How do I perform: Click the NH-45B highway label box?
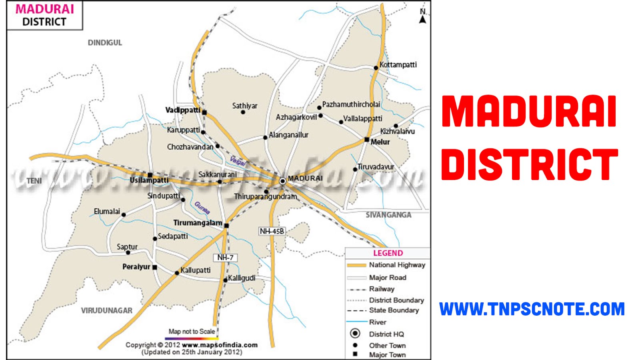tap(272, 231)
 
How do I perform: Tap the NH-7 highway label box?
tap(225, 258)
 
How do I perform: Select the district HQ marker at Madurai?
tap(282, 181)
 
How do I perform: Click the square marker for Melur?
tap(367, 140)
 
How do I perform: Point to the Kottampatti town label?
tap(398, 65)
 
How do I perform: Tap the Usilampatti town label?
tap(149, 181)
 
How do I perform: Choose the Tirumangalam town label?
tap(197, 223)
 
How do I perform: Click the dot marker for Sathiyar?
tap(243, 112)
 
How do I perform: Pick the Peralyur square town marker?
tap(155, 267)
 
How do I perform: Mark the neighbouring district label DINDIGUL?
tap(105, 43)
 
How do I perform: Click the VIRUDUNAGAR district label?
tap(106, 310)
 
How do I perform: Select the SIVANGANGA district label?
tap(388, 215)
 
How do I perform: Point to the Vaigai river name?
tap(238, 161)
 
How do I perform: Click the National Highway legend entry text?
tap(397, 265)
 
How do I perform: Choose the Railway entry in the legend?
tap(382, 289)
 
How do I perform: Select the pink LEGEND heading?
tap(388, 253)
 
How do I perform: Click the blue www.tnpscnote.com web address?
tap(532, 309)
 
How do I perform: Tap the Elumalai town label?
tap(107, 211)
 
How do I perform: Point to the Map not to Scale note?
tap(192, 332)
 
